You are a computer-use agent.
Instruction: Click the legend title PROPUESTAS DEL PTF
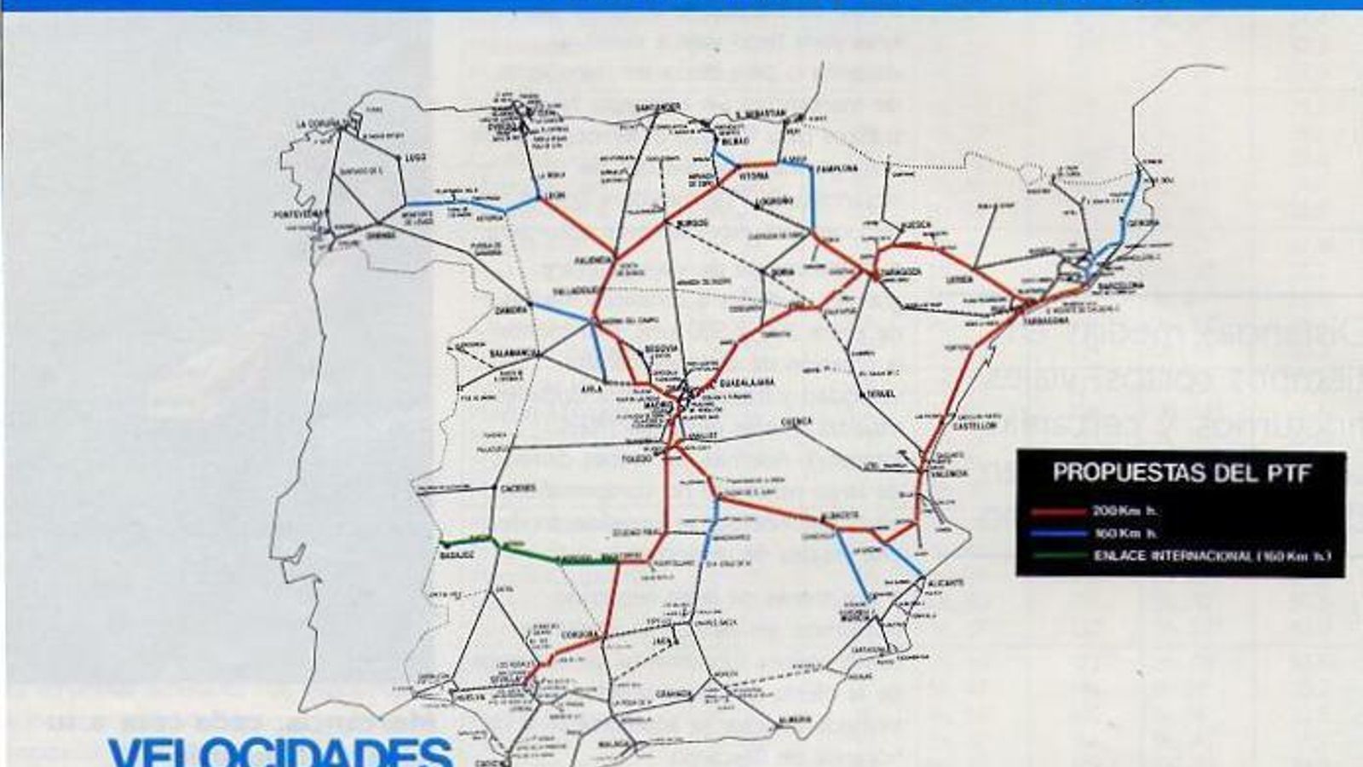click(1182, 473)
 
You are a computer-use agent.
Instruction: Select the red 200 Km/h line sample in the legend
click(1059, 512)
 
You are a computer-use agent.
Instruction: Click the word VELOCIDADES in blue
click(281, 752)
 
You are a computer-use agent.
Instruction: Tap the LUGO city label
click(416, 158)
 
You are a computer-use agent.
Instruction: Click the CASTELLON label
click(975, 425)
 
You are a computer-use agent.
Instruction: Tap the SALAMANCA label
click(510, 353)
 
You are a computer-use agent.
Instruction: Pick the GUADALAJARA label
click(747, 383)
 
